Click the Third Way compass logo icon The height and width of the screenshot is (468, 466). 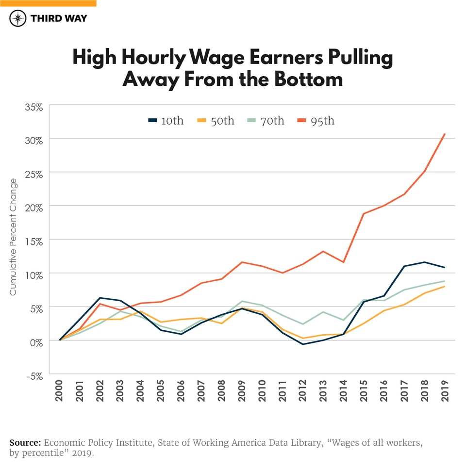[18, 18]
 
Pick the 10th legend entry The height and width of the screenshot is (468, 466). [166, 121]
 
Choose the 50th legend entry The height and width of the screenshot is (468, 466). [216, 121]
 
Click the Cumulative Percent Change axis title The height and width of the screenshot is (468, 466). [13, 237]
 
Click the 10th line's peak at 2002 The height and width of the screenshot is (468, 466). [100, 298]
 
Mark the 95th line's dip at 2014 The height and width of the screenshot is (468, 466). [344, 262]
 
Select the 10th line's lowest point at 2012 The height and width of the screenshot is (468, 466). [303, 344]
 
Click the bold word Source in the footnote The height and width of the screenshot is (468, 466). [25, 443]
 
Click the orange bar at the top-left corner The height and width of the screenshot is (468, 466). [48, 3]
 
